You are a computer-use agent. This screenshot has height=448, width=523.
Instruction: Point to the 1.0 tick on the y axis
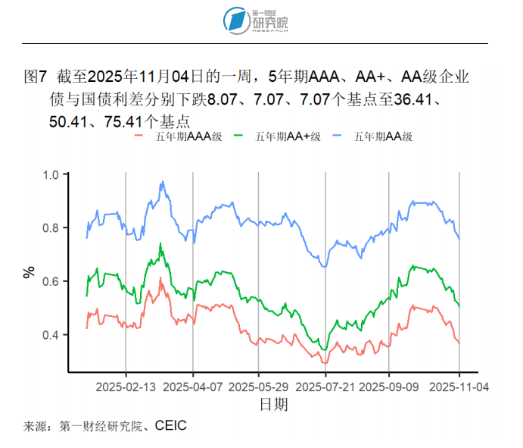point(50,175)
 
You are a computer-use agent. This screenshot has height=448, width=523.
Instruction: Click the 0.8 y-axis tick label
point(50,228)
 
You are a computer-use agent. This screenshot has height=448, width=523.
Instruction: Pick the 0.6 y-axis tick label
point(50,281)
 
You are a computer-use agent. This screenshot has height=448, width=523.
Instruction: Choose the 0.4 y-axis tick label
point(50,335)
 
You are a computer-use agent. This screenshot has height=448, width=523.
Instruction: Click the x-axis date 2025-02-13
point(126,387)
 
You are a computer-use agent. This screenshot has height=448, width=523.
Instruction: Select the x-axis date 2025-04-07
point(193,387)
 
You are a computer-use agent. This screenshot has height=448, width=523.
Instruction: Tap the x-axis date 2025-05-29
point(259,387)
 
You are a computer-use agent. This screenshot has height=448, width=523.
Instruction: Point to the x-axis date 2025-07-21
point(325,387)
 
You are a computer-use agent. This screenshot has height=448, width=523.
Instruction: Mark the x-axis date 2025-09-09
point(389,387)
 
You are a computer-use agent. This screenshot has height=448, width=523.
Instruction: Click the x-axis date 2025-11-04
point(459,387)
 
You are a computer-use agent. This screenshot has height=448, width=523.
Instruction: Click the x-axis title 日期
point(273,405)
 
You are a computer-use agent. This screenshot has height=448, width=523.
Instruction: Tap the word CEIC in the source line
point(170,426)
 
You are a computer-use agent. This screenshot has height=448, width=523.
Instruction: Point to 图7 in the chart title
point(36,77)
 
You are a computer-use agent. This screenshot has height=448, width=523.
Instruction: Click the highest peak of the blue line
point(162,182)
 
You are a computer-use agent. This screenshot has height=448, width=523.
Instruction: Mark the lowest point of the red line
point(326,362)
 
